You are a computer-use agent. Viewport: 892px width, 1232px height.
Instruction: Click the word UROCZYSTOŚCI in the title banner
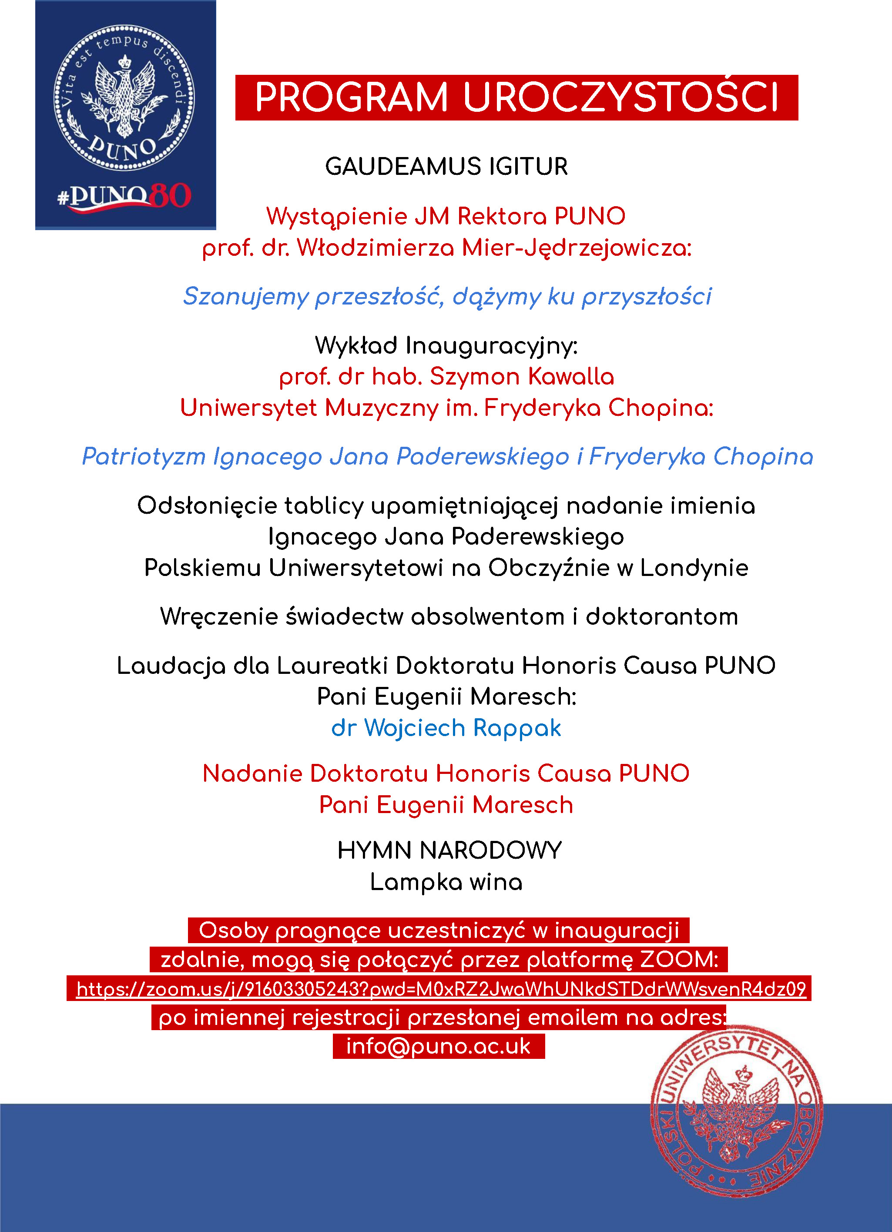(620, 98)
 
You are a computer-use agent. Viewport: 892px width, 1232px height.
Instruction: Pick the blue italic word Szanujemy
(245, 297)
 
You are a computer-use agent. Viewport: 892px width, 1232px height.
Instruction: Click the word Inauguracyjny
(492, 346)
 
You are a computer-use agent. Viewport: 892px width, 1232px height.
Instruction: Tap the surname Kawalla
(570, 376)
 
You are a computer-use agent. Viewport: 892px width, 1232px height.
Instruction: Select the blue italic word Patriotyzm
(144, 456)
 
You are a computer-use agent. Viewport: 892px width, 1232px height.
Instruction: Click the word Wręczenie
(218, 617)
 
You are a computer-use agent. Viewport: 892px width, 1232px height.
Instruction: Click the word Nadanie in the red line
(253, 773)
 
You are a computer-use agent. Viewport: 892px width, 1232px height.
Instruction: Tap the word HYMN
(374, 850)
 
